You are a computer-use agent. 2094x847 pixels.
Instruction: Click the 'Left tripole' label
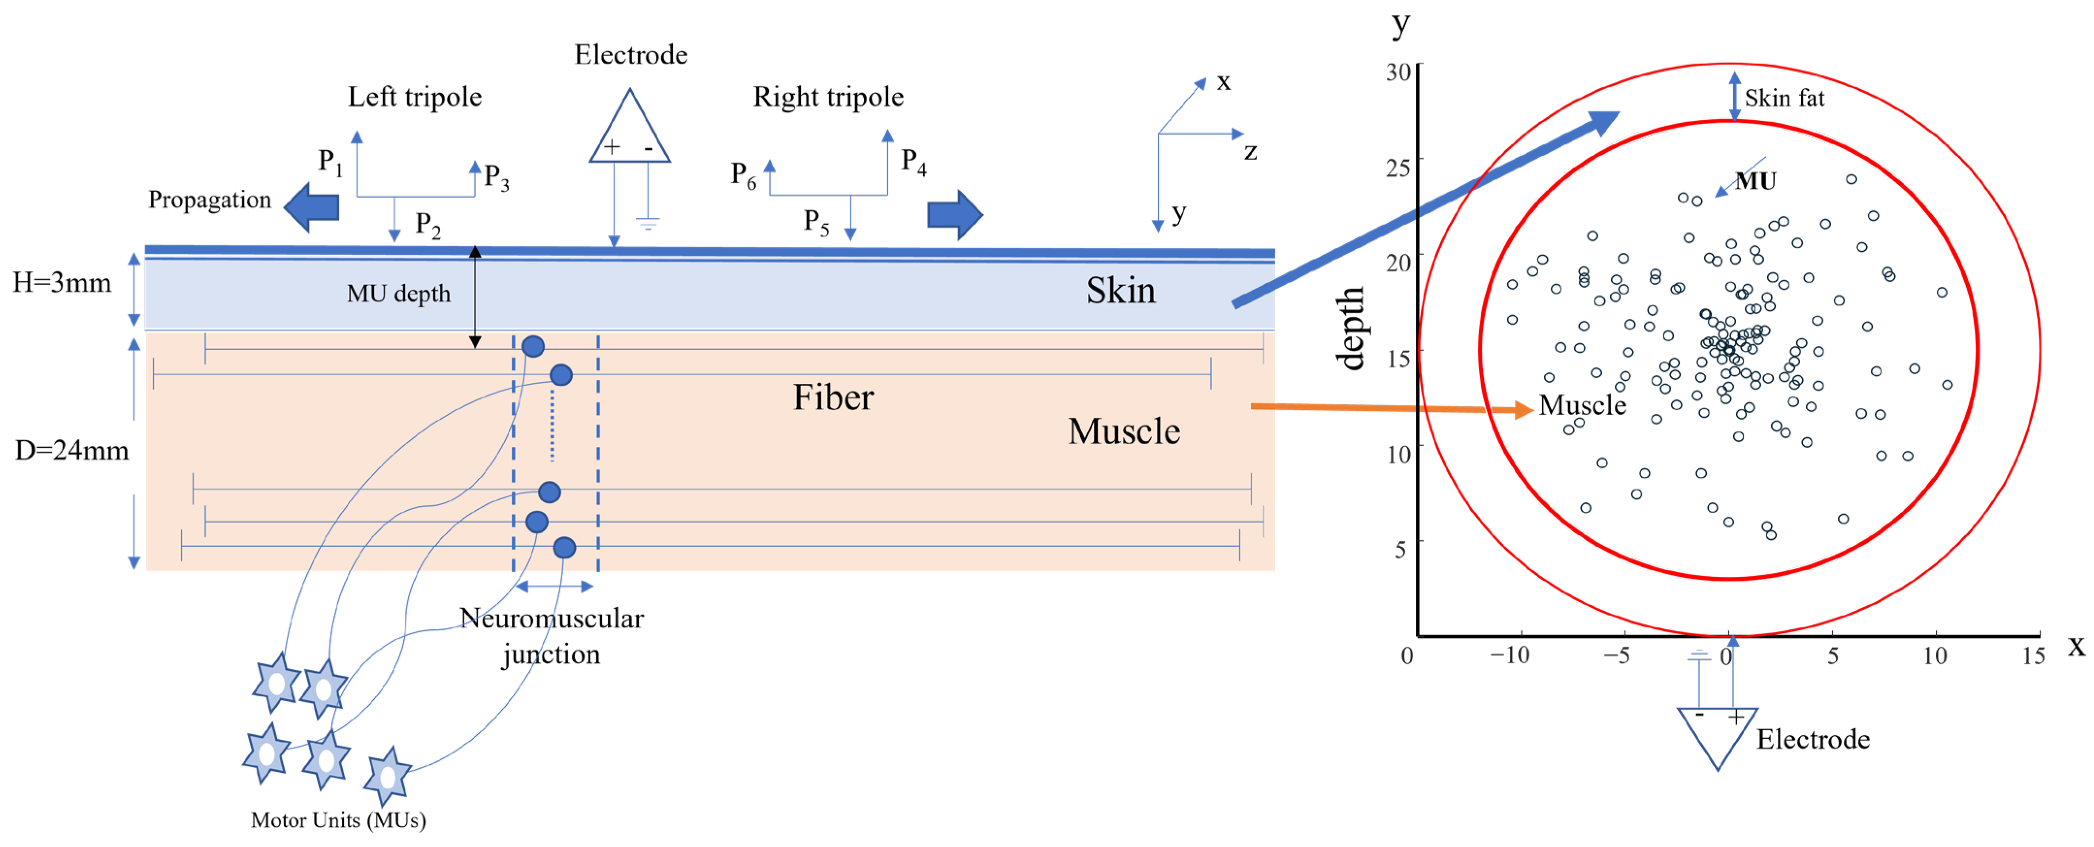coord(415,97)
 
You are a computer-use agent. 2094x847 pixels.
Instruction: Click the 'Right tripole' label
coord(828,97)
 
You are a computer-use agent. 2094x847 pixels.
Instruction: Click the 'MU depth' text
coord(398,293)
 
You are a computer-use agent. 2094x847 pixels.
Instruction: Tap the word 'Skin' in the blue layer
coord(1120,290)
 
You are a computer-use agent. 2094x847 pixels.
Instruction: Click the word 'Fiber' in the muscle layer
coord(833,397)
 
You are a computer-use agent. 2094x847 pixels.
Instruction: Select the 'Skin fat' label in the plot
coord(1784,98)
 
